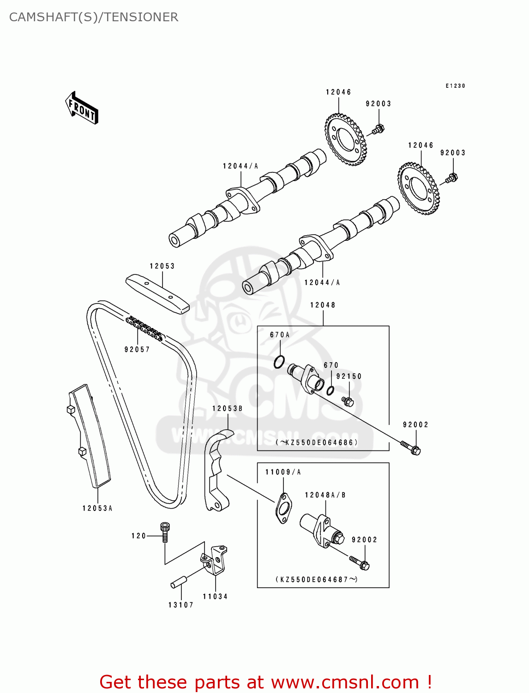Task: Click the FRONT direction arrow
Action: tap(82, 108)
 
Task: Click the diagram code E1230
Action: tap(455, 86)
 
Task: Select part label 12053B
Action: tap(227, 408)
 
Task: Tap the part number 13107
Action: tap(180, 605)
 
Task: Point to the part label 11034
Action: tap(215, 596)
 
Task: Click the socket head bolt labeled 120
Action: tap(165, 531)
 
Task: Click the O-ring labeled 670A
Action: tap(279, 362)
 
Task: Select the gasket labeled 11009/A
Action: tap(283, 508)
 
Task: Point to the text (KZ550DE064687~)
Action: tap(317, 579)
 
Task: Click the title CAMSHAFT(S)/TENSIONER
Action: tap(94, 17)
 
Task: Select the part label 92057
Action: tap(137, 350)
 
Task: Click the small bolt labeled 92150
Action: tap(348, 401)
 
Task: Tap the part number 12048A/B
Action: tap(325, 495)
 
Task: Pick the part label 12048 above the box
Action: tap(323, 305)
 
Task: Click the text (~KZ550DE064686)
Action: tap(317, 443)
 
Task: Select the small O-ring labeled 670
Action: tap(330, 390)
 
